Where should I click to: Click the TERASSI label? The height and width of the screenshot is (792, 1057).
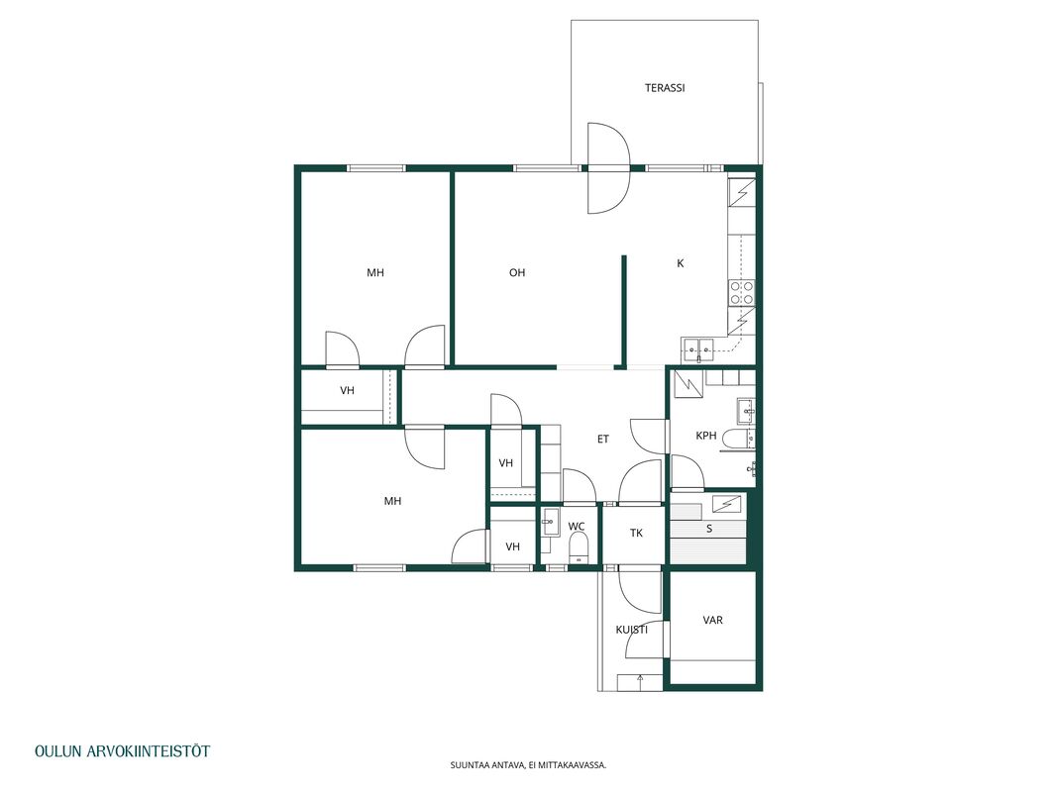665,88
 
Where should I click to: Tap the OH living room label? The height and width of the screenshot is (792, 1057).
517,273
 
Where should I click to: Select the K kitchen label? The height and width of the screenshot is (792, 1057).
681,263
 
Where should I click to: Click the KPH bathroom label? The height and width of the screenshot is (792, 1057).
705,436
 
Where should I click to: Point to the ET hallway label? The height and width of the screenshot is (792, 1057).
603,440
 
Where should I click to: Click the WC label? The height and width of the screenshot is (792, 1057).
577,527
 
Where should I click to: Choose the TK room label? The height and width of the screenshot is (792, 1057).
636,534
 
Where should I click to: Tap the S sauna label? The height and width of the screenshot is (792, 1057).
709,529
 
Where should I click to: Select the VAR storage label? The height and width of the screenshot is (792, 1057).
712,621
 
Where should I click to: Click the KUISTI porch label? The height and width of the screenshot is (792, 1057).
632,630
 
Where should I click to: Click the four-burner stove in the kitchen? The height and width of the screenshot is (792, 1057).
742,293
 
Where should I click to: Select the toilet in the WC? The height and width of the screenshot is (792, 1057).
580,546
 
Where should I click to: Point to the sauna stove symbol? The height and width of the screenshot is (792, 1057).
727,503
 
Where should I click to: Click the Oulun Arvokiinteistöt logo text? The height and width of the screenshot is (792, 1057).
122,751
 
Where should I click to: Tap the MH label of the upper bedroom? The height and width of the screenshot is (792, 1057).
375,273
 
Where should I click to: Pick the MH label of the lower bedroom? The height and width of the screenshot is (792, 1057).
392,501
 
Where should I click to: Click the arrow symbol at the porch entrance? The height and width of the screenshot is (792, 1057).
640,681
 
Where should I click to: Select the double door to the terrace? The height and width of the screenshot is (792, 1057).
608,167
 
